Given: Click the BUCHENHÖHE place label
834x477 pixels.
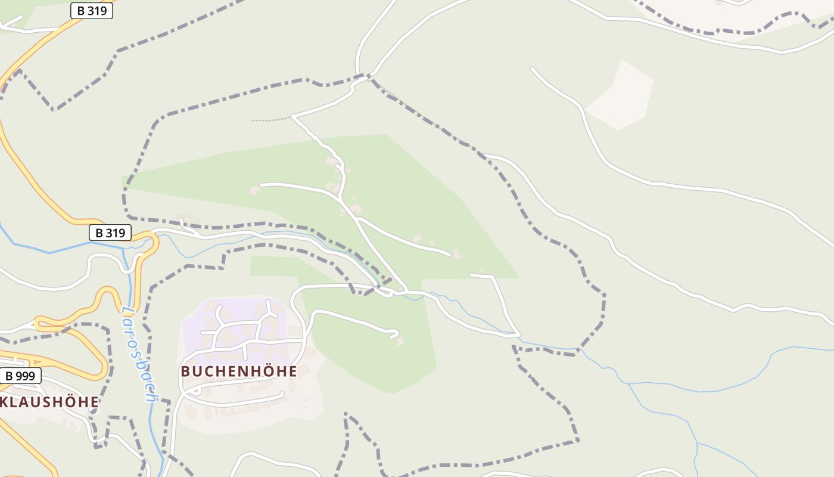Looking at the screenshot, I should pos(239,371).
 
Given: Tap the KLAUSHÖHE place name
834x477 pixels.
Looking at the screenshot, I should pos(49,402).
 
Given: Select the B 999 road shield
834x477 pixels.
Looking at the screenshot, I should pos(20,376).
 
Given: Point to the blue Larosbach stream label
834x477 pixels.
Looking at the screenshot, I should pos(141,354).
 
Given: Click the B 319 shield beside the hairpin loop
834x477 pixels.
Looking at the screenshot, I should pos(110,233).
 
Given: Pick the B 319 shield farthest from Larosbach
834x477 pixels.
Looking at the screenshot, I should pos(92,10).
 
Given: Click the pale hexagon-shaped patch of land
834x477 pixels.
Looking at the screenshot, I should pos(620,95).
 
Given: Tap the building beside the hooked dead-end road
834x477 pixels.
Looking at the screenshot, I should pos(400,342).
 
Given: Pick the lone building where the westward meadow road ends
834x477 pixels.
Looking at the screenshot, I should pos(255,190).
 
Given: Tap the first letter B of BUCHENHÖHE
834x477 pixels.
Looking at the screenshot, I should pos(185,371).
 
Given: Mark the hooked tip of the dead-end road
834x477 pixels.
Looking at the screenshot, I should pos(396,334).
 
